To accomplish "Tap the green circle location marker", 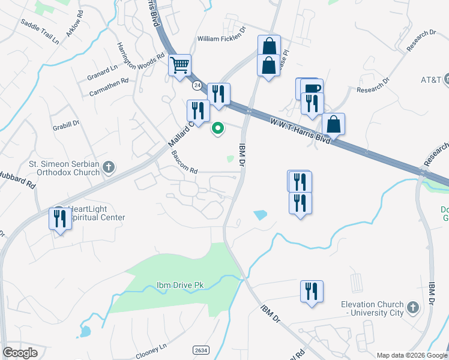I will tap(218, 127).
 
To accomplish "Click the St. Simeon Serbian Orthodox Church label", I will tap(64, 168).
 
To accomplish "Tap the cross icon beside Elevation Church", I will tap(412, 308).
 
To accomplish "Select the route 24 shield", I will tap(197, 86).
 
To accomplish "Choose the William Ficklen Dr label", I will tap(222, 39).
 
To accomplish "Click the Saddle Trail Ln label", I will tap(40, 32).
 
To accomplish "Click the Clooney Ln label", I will tap(151, 347).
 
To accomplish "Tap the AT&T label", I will tap(431, 80).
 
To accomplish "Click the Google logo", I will tap(20, 353).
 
